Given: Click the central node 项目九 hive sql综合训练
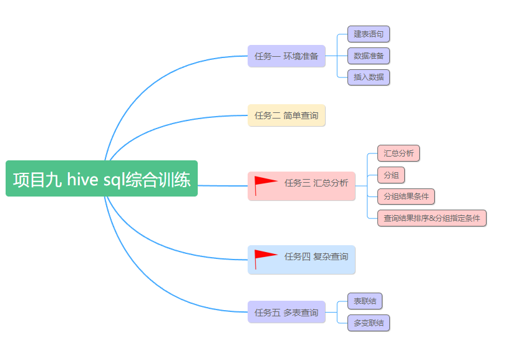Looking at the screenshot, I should pyautogui.click(x=102, y=179).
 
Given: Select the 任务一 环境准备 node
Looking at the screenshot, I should pyautogui.click(x=286, y=56).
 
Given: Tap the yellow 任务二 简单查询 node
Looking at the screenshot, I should pyautogui.click(x=286, y=115).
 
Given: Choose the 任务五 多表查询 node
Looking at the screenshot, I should pyautogui.click(x=286, y=313).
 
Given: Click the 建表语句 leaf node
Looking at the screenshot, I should pyautogui.click(x=369, y=34).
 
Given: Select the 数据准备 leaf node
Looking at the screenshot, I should pyautogui.click(x=369, y=56).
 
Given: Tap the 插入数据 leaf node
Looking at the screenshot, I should pyautogui.click(x=369, y=77).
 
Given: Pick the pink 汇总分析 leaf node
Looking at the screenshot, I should pyautogui.click(x=399, y=153).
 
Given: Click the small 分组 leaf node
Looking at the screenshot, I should pyautogui.click(x=391, y=175).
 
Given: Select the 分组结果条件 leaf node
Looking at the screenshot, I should pyautogui.click(x=406, y=197).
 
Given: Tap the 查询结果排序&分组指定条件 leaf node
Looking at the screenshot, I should pyautogui.click(x=432, y=218).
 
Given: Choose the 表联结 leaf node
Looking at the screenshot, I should pyautogui.click(x=365, y=301).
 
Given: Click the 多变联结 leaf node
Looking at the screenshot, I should pyautogui.click(x=369, y=323).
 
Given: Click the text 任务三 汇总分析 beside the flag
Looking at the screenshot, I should pyautogui.click(x=316, y=183).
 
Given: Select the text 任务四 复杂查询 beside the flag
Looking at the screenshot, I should pyautogui.click(x=316, y=256).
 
